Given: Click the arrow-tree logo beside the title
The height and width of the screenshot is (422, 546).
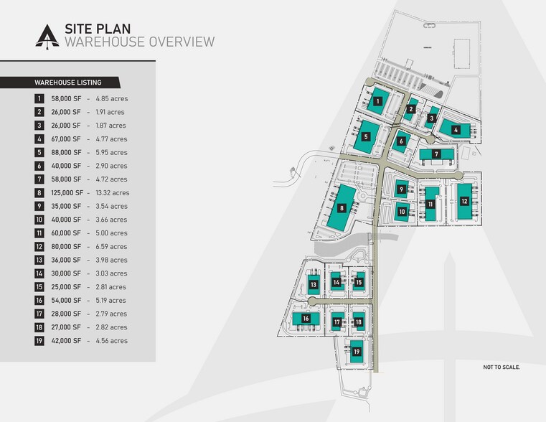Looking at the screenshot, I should coord(47,36).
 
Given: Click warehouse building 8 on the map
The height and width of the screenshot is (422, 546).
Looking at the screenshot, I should coord(342,208).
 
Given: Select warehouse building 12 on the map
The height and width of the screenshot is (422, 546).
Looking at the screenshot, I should coord(464,200).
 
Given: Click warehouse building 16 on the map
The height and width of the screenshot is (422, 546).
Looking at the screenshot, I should coord(306,318).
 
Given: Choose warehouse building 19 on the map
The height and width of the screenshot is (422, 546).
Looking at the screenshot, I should coord(357,352).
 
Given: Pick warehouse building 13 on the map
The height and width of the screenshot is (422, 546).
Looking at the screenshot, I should coord(314,285).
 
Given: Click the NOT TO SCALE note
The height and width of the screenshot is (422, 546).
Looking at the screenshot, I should coord(502,367).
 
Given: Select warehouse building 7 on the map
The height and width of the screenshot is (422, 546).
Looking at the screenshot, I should coord(436,154).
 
